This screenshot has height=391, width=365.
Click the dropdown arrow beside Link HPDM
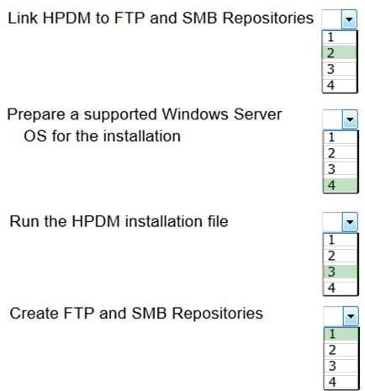click(x=349, y=19)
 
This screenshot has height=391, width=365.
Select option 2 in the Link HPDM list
click(x=339, y=53)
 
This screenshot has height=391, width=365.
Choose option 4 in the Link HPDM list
click(x=339, y=85)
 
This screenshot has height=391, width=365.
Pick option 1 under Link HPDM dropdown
click(x=339, y=37)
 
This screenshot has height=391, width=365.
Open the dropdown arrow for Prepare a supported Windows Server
click(x=350, y=119)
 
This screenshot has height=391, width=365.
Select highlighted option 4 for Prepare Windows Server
click(x=341, y=185)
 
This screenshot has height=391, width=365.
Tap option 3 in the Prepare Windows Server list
click(x=341, y=169)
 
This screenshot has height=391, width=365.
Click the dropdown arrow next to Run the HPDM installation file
click(x=350, y=222)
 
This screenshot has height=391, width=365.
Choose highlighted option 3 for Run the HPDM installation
click(x=341, y=272)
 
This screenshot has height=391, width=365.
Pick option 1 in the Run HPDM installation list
click(x=341, y=240)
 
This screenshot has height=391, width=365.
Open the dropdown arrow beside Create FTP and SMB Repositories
click(x=351, y=316)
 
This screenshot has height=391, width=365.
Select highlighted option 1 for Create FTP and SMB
click(x=341, y=334)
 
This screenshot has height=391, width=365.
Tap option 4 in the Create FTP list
click(x=341, y=382)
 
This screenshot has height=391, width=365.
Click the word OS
click(x=35, y=136)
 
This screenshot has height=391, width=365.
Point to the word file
click(x=218, y=221)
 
